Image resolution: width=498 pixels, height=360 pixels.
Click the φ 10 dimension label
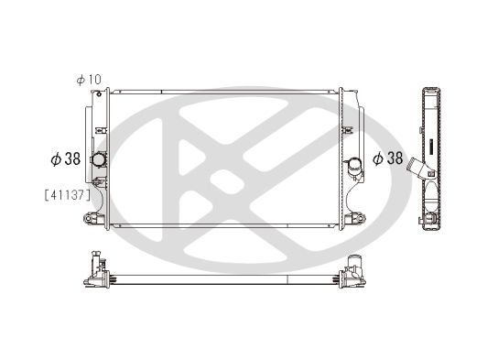point(90,80)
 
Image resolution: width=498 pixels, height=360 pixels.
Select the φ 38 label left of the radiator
point(65,158)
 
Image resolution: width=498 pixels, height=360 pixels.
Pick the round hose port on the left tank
point(98,159)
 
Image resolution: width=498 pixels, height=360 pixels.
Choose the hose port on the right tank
point(353,165)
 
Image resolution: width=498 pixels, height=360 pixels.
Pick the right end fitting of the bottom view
point(352,273)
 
